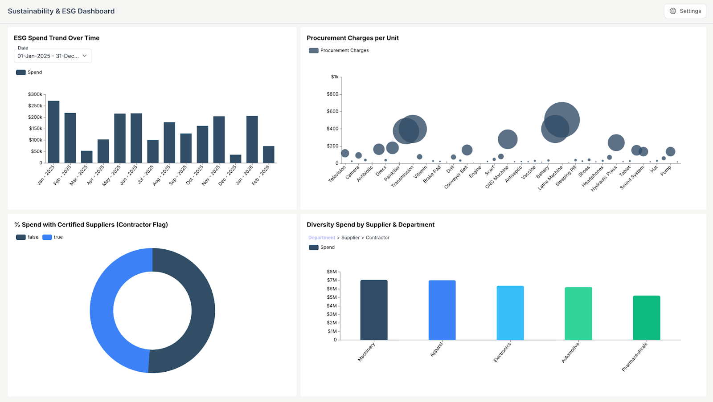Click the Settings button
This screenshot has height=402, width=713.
point(685,11)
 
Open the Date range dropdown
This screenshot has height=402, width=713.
point(53,56)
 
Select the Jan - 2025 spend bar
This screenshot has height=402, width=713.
point(53,132)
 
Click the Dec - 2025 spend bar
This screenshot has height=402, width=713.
point(235,159)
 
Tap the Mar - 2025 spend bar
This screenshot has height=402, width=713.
point(87,157)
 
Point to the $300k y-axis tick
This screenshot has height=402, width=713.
point(35,94)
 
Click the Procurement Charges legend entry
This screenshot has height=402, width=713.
point(339,51)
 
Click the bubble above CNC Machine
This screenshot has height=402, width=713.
point(508,139)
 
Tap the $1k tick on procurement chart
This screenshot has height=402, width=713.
point(335,77)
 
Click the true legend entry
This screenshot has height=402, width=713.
point(53,237)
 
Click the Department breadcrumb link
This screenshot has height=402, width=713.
point(321,238)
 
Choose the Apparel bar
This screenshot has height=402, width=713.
point(442,310)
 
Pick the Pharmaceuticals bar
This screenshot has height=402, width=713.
point(646,318)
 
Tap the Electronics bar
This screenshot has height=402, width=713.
point(510,313)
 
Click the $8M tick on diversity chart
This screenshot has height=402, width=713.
point(332,272)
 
